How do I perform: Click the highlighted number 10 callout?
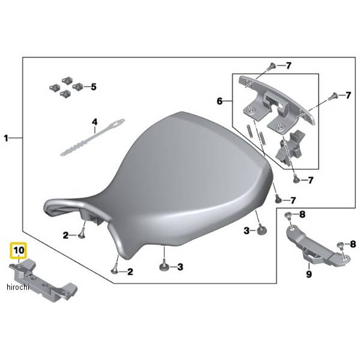pos(19,250)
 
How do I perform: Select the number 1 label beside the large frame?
pos(6,138)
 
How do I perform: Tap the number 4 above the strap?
pos(95,122)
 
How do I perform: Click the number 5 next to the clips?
pos(94,87)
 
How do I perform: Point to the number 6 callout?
pos(220,101)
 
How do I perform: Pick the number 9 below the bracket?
pos(309,274)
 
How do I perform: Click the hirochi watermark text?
pos(18,287)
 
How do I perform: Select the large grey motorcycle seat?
pos(158,186)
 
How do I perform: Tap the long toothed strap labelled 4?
pos(92,137)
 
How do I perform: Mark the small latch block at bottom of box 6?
pos(290,147)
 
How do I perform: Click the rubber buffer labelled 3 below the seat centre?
pos(165,267)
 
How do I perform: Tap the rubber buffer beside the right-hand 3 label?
pos(260,230)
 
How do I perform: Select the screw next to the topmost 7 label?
pos(272,67)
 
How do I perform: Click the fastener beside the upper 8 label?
pos(289,215)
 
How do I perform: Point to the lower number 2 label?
pos(130,272)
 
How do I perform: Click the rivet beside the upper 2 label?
pos(82,235)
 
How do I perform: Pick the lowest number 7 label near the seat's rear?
pos(293,200)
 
